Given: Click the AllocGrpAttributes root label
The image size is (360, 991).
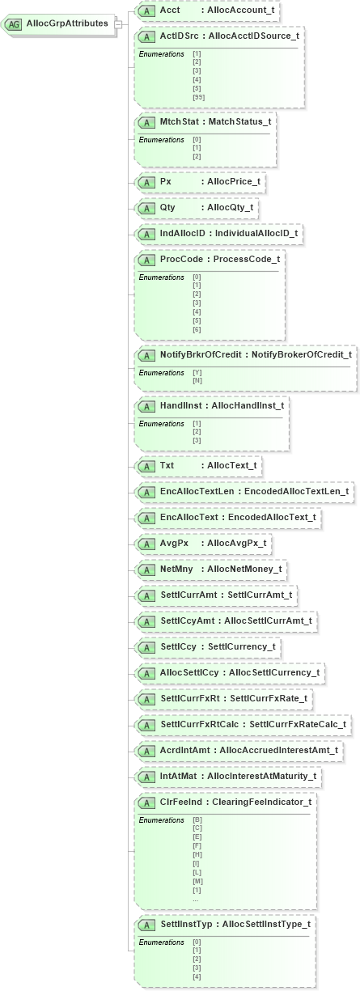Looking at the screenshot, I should click(67, 23).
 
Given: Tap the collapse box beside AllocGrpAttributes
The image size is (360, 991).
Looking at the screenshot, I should click(118, 23).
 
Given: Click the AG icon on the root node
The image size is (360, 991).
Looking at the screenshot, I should click(14, 24).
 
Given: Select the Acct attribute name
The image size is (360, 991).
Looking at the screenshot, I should click(170, 11).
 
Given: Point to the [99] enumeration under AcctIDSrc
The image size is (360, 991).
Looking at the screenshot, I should click(198, 98).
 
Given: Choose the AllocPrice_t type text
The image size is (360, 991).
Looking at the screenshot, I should click(234, 182).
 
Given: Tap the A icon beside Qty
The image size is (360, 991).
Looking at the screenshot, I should click(146, 208).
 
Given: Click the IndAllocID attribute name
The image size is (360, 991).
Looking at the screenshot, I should click(185, 234).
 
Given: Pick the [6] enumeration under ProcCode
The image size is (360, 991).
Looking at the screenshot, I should click(197, 329).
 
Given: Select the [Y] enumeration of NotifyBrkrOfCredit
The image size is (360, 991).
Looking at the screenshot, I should click(197, 372).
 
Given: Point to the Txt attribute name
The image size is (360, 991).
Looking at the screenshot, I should click(167, 466).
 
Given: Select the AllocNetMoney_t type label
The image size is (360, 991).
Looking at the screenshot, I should click(244, 570).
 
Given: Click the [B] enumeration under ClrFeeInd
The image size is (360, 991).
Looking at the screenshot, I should click(197, 819).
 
